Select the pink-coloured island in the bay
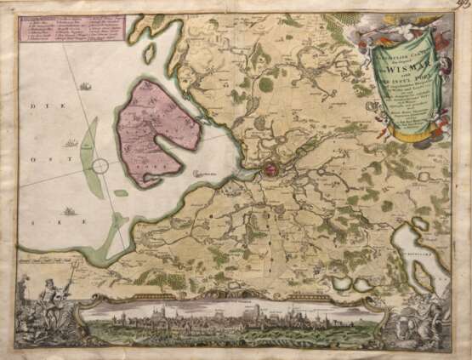[x=158, y=128]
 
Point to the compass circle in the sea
[x=100, y=166]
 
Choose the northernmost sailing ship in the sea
[x=86, y=85]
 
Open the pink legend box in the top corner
[x=70, y=30]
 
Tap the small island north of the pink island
[x=150, y=54]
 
